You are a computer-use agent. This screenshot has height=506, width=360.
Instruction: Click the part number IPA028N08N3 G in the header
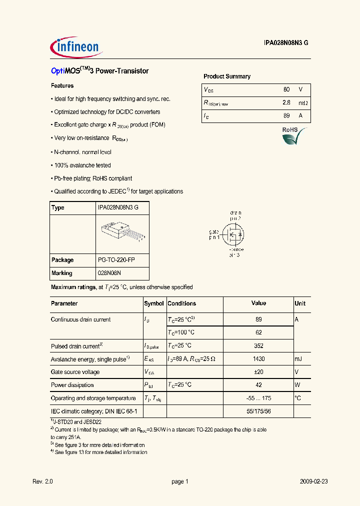[286, 43]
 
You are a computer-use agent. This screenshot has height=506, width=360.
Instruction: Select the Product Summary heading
[226, 76]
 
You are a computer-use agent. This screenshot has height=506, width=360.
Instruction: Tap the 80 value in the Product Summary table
[286, 89]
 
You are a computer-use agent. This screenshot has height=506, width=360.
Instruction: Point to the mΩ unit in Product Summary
[302, 102]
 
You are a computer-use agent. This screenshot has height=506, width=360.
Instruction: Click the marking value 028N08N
[109, 273]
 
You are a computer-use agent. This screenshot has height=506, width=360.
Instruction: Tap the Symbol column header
[154, 303]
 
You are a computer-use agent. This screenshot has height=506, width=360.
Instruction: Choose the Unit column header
[300, 303]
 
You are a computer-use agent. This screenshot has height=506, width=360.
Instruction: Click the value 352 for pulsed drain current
[258, 345]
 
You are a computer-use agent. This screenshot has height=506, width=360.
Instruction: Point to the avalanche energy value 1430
[258, 359]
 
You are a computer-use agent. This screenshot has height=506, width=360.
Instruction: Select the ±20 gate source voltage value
[258, 372]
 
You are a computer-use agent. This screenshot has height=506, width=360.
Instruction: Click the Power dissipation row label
[72, 385]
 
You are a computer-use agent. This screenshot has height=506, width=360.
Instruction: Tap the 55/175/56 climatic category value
[258, 411]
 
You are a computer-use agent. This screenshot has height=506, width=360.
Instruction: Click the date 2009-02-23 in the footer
[314, 481]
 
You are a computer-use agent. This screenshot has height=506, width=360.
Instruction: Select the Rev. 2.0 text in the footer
[42, 481]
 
